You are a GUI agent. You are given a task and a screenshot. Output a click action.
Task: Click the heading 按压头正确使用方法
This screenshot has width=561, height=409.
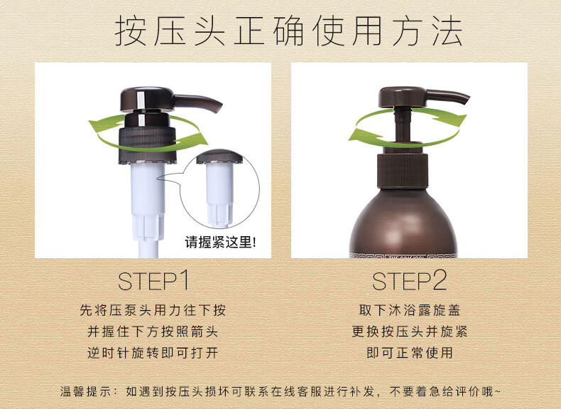click(288, 31)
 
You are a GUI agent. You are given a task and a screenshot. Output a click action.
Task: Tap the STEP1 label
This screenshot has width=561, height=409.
click(153, 281)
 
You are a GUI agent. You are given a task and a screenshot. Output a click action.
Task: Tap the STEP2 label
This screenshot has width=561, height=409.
click(409, 281)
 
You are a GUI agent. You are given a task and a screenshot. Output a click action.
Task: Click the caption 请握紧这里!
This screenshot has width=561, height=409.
click(220, 243)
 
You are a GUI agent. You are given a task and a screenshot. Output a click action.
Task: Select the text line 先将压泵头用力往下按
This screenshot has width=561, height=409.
click(153, 310)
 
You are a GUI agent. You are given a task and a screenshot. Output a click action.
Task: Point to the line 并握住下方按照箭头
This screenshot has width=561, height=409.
click(153, 331)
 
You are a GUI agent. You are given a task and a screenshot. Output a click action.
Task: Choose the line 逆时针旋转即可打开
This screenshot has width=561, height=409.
click(153, 353)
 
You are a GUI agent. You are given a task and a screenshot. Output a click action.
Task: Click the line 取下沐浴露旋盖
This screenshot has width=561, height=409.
click(410, 310)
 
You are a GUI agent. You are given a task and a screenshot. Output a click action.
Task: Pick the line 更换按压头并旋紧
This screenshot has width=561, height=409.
click(410, 331)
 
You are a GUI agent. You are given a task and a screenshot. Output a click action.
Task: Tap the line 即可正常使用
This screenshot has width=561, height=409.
click(410, 353)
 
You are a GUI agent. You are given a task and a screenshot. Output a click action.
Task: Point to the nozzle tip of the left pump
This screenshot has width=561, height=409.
click(217, 108)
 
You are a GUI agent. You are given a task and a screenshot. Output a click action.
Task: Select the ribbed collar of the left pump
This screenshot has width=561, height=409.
click(148, 144)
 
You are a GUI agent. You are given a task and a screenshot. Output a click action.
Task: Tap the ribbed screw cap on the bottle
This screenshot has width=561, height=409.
click(403, 171)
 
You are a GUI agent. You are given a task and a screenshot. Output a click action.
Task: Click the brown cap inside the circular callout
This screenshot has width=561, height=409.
click(219, 156)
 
